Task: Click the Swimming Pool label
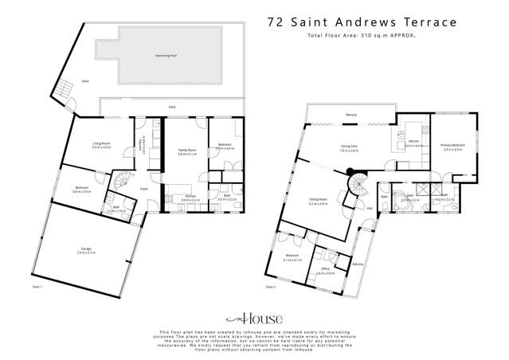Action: click(x=166, y=57)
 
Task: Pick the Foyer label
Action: click(x=143, y=189)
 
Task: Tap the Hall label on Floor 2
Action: click(x=370, y=209)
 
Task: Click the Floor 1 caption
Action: click(x=36, y=286)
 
